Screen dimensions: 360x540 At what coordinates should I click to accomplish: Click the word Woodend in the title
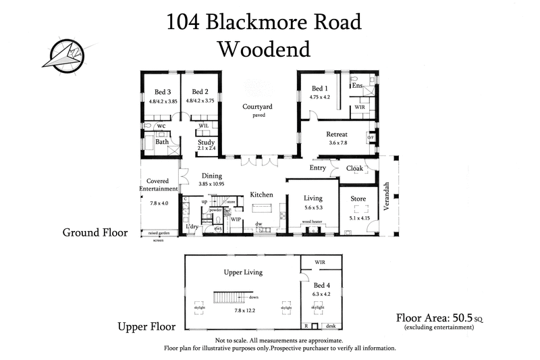pyautogui.click(x=264, y=49)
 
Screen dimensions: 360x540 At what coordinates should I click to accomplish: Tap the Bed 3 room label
pyautogui.click(x=162, y=92)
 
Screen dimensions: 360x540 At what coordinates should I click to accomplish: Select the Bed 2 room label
pyautogui.click(x=199, y=92)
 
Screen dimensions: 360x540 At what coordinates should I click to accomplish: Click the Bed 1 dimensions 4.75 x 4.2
pyautogui.click(x=319, y=97)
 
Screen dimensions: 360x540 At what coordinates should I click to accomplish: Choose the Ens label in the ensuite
pyautogui.click(x=358, y=86)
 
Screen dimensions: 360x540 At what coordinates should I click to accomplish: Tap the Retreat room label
pyautogui.click(x=337, y=134)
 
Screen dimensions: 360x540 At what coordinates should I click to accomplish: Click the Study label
pyautogui.click(x=206, y=143)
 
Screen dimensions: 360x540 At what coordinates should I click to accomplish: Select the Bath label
pyautogui.click(x=162, y=142)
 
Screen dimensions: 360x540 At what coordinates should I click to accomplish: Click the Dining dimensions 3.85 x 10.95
pyautogui.click(x=212, y=183)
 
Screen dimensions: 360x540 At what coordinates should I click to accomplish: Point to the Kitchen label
pyautogui.click(x=261, y=195)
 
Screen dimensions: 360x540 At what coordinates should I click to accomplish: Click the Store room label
pyautogui.click(x=358, y=199)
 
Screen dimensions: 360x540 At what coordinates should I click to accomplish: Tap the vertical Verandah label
pyautogui.click(x=387, y=197)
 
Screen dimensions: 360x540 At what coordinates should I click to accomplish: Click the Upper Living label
pyautogui.click(x=243, y=272)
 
